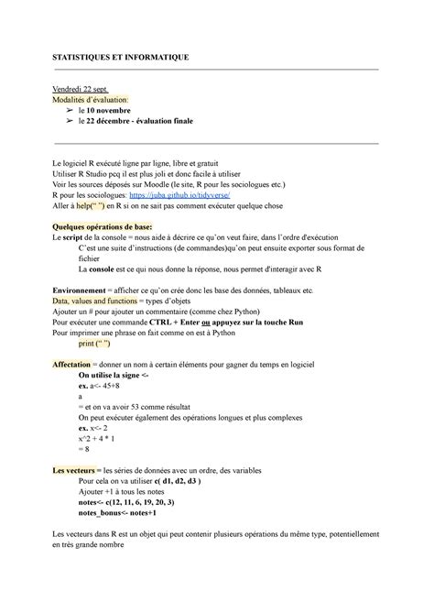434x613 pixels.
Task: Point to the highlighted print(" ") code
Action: (x=95, y=345)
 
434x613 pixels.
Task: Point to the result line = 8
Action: (x=85, y=450)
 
